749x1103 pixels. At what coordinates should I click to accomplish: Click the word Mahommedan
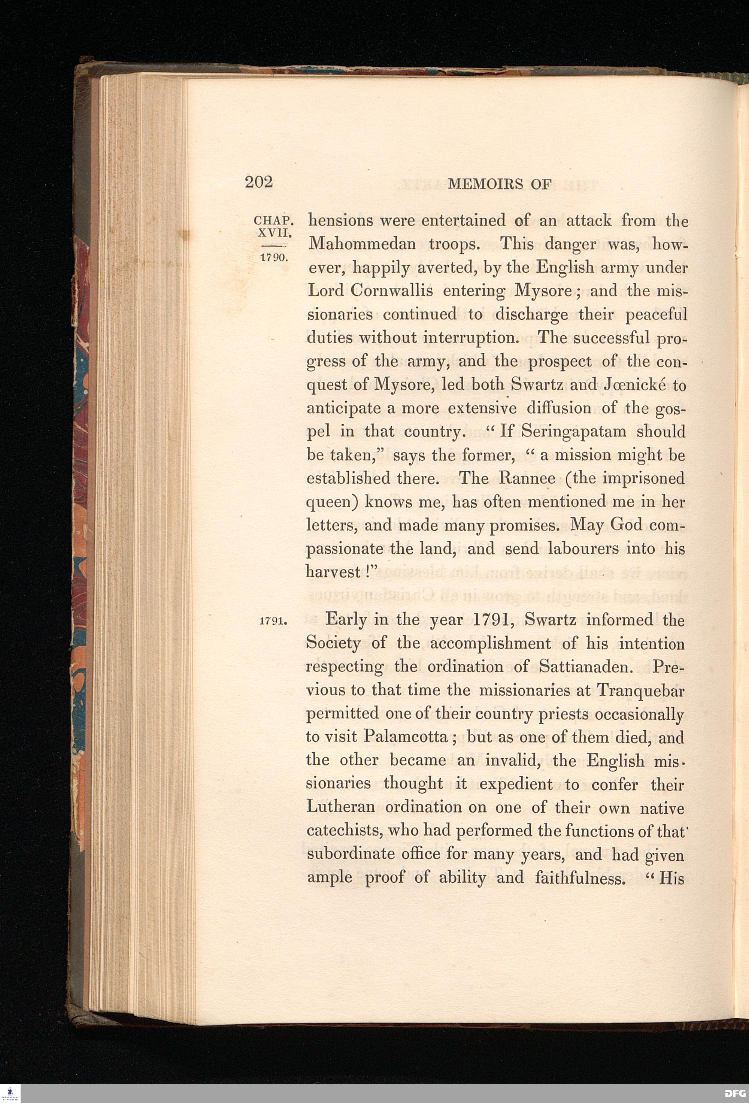pyautogui.click(x=362, y=244)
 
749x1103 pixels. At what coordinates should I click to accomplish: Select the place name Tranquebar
pyautogui.click(x=640, y=690)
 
